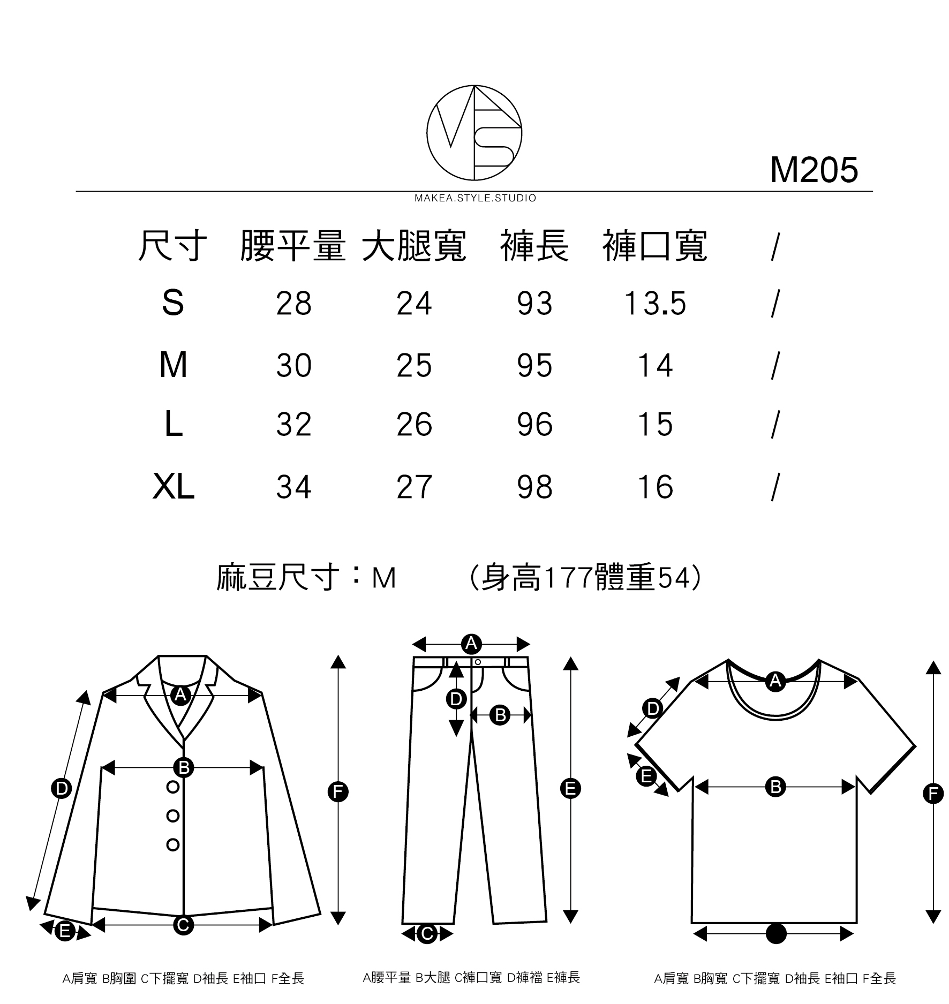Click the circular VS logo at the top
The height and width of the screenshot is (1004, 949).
tap(474, 132)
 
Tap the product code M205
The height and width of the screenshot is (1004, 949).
tap(814, 170)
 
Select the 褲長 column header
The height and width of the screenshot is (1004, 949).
tap(534, 247)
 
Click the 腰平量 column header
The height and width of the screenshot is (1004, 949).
tap(293, 247)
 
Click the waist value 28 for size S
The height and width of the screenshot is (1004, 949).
tap(293, 304)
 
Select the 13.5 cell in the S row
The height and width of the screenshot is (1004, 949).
tap(655, 304)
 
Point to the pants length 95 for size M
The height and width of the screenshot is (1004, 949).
tap(534, 366)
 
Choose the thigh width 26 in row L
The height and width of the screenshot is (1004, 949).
tap(414, 425)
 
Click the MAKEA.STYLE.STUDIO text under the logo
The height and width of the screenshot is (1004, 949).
tap(475, 198)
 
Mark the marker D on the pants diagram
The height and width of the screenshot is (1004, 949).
tap(456, 699)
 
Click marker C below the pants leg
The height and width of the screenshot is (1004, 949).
tap(427, 934)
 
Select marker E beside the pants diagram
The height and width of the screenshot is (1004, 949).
tap(570, 789)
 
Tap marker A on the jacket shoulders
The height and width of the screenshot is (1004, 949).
tap(181, 695)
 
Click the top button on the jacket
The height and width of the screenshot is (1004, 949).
tap(173, 787)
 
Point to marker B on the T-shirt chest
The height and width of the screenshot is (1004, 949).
tap(775, 787)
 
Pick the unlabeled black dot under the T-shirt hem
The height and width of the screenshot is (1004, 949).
tap(776, 934)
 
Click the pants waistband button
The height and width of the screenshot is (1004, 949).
tap(478, 662)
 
